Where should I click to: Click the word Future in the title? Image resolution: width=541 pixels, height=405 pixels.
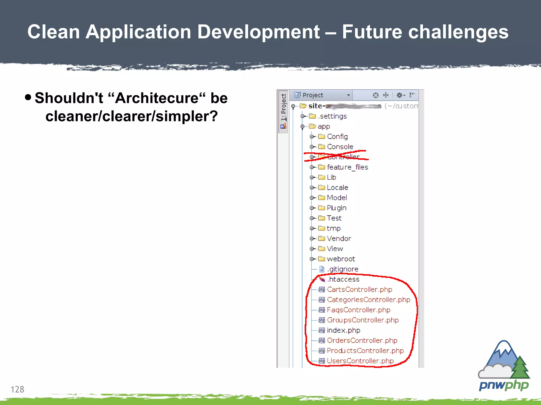(x=372, y=32)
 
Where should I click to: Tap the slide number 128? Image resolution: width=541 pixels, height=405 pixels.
(x=17, y=389)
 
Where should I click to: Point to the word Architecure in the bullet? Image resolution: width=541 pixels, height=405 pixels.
(x=157, y=98)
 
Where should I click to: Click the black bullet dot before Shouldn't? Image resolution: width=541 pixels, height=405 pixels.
(x=28, y=97)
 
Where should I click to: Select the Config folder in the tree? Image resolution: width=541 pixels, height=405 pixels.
(x=337, y=137)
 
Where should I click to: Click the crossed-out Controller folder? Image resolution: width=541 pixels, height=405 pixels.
(x=343, y=157)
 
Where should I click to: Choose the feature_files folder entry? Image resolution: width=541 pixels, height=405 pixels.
(x=347, y=167)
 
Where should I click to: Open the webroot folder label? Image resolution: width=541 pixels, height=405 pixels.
(x=341, y=259)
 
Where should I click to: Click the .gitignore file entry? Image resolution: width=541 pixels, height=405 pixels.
(x=343, y=269)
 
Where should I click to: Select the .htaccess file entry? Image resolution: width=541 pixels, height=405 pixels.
(x=343, y=279)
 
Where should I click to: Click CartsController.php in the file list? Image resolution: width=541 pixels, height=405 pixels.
(x=359, y=290)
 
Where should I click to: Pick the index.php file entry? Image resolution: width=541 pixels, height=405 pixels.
(x=343, y=330)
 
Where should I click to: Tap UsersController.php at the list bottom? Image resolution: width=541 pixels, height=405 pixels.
(x=360, y=361)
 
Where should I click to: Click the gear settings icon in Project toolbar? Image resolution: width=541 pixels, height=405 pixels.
(x=400, y=95)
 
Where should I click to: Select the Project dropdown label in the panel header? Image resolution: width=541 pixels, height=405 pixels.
(x=313, y=95)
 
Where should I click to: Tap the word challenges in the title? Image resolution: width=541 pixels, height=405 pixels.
(x=458, y=32)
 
